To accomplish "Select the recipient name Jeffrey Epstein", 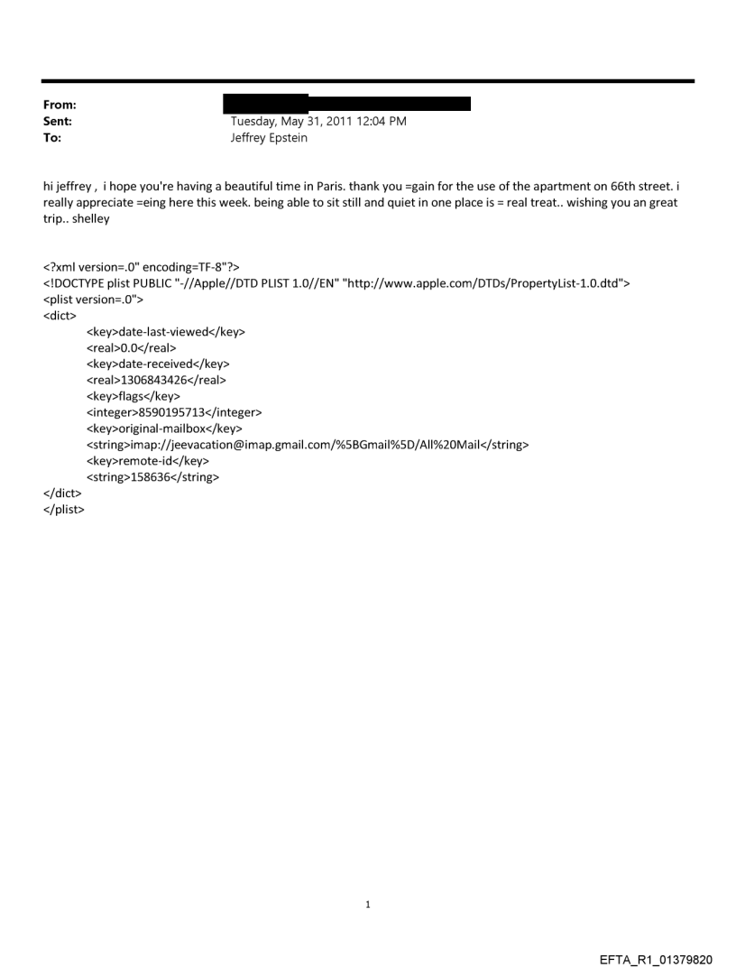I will pyautogui.click(x=270, y=137).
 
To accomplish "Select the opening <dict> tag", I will pyautogui.click(x=60, y=316).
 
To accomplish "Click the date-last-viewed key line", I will pyautogui.click(x=166, y=332).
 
